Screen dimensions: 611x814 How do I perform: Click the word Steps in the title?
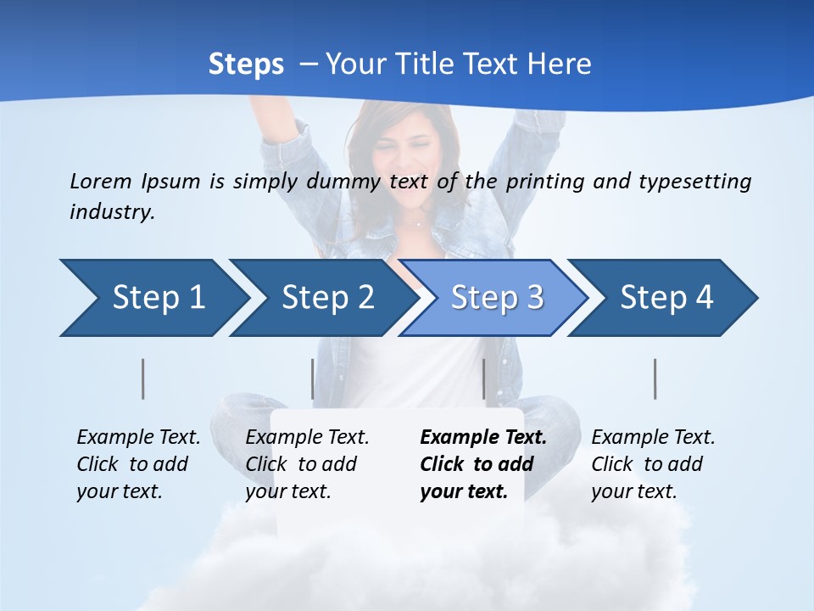pos(246,64)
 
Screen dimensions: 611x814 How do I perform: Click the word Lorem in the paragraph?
pos(101,181)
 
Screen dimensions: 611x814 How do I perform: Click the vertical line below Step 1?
pos(143,378)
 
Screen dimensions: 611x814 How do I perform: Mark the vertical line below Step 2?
pos(312,378)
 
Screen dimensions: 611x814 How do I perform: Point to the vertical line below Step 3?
pos(483,378)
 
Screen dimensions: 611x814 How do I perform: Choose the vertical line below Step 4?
pos(655,378)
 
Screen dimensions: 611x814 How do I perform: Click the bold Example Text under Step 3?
pos(483,438)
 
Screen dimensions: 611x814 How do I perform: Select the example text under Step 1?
pos(138,464)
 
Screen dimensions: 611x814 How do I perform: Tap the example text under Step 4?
pos(653,464)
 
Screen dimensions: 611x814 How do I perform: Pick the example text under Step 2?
pos(307,464)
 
